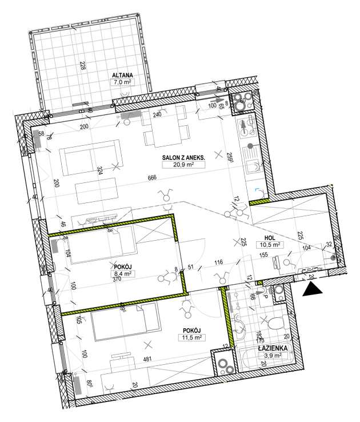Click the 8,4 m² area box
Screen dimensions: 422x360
[122, 274]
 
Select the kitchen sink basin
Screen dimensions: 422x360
[249, 166]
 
